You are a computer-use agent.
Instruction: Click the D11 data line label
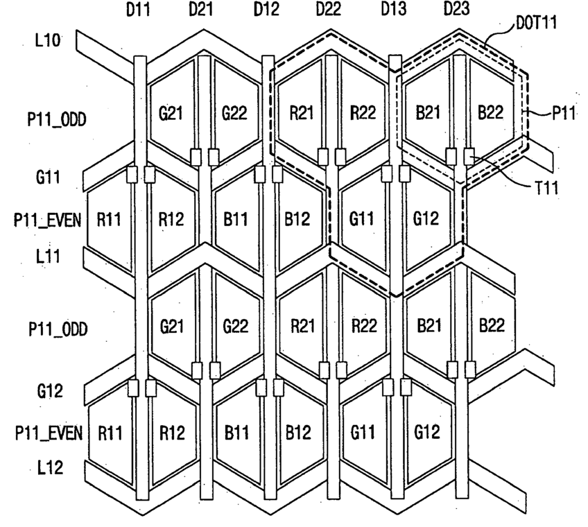tap(139, 11)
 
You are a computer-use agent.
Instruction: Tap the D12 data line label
tap(266, 11)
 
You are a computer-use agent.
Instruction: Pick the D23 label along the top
tap(456, 11)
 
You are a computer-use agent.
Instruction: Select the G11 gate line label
tap(49, 177)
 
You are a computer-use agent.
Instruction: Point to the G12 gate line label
tap(49, 391)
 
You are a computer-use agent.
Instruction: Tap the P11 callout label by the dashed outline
tap(562, 114)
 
